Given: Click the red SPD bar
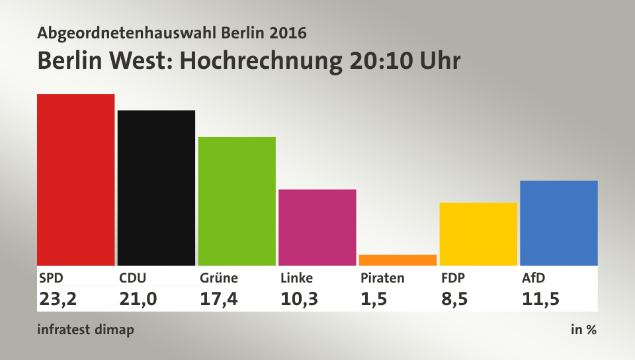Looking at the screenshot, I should click(x=75, y=179).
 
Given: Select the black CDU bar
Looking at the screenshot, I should click(x=156, y=187).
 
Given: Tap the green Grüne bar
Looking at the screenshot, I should click(x=237, y=201).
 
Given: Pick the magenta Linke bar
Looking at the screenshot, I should click(x=317, y=227).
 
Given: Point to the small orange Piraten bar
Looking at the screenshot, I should click(x=398, y=260).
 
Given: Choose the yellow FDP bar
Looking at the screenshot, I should click(x=478, y=234).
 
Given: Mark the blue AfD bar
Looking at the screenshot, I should click(x=559, y=223).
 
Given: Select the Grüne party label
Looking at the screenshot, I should click(x=219, y=278).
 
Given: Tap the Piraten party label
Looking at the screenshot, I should click(x=382, y=278).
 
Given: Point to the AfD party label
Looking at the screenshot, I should click(x=534, y=278).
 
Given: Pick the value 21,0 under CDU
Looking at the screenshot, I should click(x=138, y=299).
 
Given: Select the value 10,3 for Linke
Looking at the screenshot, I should click(x=299, y=299).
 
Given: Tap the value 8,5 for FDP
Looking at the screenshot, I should click(x=454, y=299).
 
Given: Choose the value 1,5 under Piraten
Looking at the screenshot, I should click(x=374, y=299).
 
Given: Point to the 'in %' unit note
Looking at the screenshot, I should click(x=583, y=330).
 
